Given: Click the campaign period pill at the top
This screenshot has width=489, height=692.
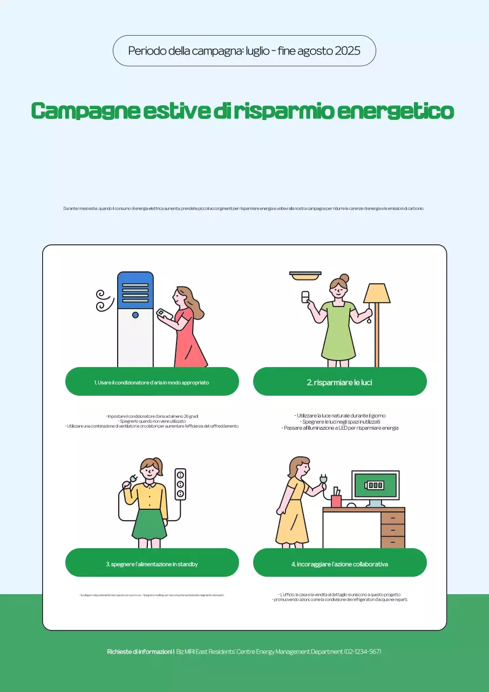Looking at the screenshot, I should [x=244, y=51].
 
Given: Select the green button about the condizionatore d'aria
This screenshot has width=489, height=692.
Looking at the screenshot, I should [x=152, y=382].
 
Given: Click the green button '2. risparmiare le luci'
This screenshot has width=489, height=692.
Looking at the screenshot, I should [x=339, y=382].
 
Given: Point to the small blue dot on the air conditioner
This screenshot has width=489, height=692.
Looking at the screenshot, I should [x=135, y=315].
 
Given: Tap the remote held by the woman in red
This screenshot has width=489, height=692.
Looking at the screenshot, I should [x=164, y=314].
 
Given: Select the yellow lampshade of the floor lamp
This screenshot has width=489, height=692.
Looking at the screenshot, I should [x=377, y=294].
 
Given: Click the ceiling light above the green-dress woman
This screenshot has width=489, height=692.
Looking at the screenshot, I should [x=305, y=276].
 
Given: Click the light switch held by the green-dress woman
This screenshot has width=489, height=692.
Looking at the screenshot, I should [x=305, y=297].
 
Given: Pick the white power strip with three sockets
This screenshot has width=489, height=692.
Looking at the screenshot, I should [x=180, y=484].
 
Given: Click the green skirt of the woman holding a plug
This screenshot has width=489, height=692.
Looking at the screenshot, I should [x=149, y=524].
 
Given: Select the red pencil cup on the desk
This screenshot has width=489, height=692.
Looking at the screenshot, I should [x=336, y=501].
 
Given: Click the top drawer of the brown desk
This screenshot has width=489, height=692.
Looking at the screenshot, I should [x=392, y=518].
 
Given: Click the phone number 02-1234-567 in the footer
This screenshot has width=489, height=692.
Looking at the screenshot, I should [x=363, y=651].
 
